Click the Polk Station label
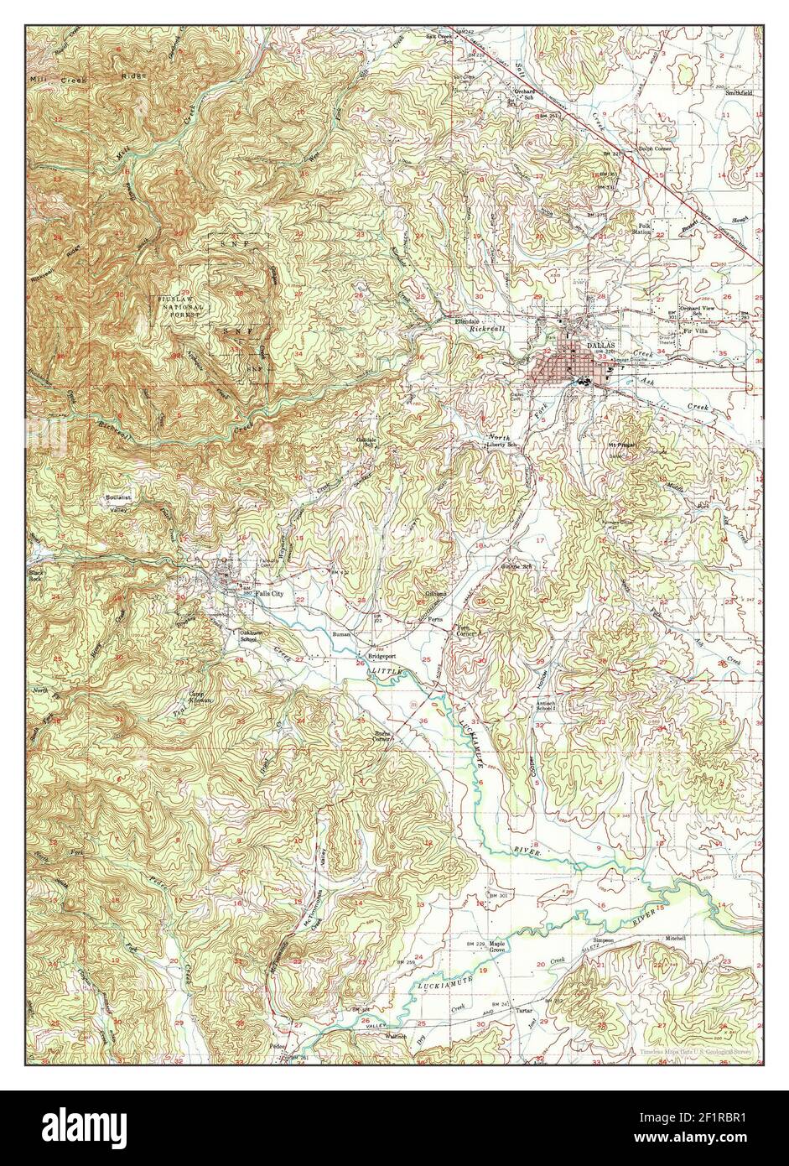click(644, 229)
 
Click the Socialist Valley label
click(118, 503)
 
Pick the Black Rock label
click(35, 575)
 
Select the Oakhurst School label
click(249, 635)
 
